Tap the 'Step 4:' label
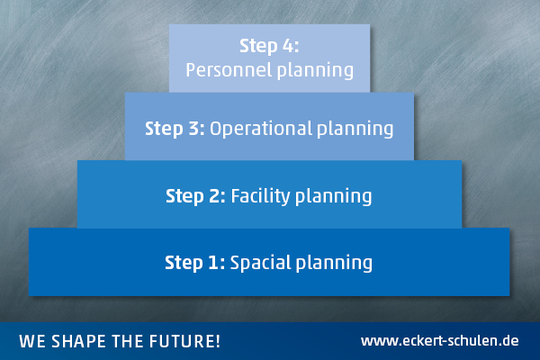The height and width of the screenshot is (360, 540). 269,46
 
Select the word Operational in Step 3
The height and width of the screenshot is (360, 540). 261,128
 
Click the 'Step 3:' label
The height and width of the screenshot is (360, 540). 175,129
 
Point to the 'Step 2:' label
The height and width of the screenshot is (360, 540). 195,196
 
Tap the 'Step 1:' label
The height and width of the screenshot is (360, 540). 195,263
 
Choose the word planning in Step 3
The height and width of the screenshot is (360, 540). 355,129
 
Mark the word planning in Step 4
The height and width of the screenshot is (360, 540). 316,70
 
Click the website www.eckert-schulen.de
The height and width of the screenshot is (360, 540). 440,341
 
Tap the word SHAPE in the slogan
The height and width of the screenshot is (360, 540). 79,341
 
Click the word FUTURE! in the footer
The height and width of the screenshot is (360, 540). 184,341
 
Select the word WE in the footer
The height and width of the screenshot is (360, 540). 32,341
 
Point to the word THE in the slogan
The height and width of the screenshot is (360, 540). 128,341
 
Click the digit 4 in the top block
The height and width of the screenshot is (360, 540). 288,46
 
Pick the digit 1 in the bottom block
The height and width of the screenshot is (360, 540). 212,263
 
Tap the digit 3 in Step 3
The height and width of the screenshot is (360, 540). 193,129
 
